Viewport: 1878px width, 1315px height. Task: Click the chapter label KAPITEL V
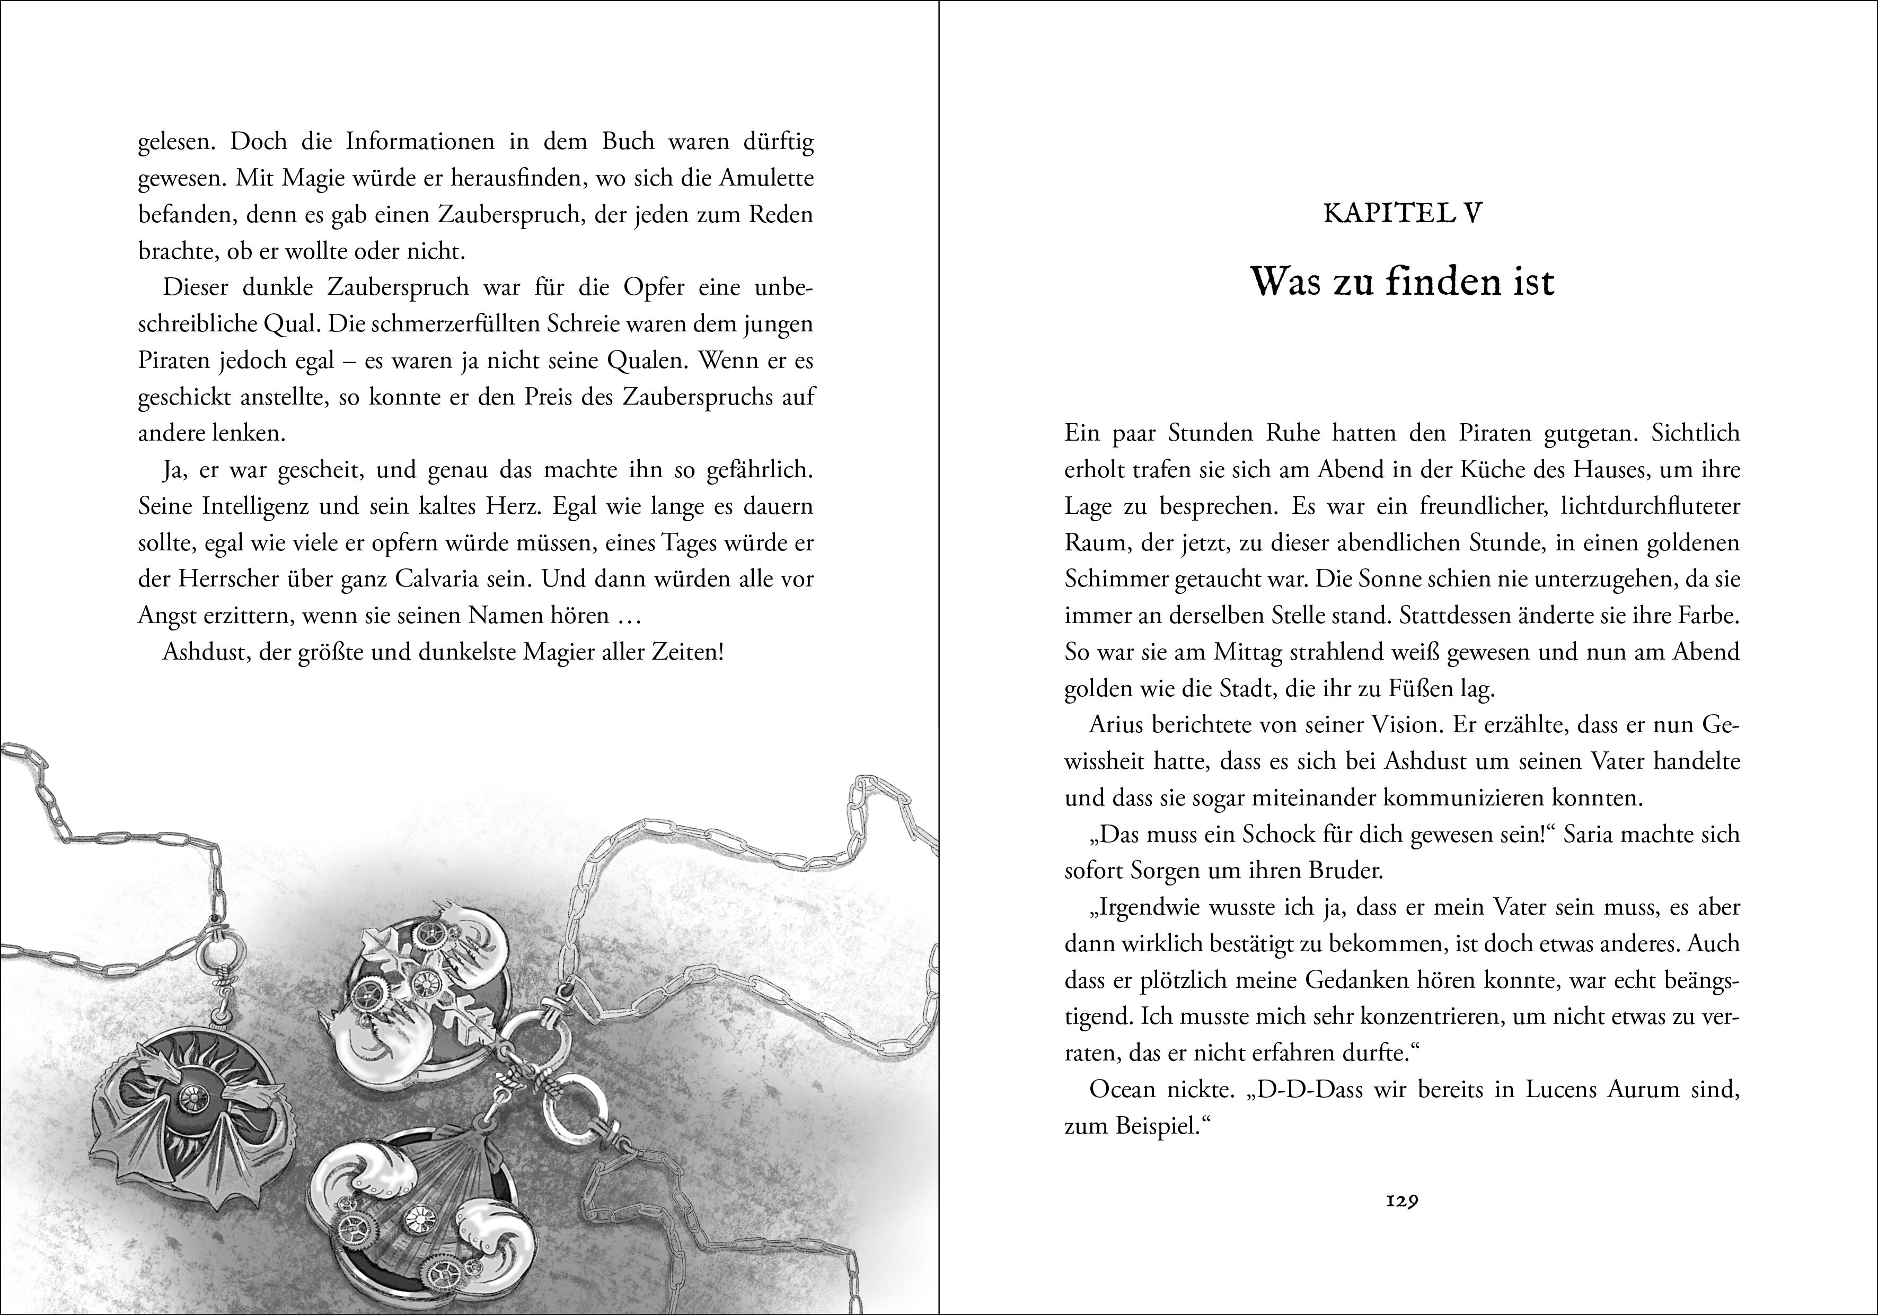1402,214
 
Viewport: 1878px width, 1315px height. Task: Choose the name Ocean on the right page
1122,1090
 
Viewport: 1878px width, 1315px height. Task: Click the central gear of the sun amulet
192,1097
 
